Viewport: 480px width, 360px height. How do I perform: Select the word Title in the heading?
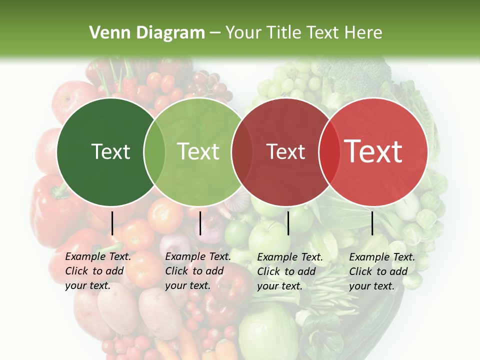283,33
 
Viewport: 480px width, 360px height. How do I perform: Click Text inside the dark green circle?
110,151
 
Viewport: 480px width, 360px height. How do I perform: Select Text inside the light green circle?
198,151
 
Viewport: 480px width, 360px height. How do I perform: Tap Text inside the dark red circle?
286,151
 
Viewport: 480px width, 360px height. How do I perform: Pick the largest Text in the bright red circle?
373,151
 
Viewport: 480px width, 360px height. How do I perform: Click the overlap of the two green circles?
154,151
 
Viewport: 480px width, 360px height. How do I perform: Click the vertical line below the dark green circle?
112,223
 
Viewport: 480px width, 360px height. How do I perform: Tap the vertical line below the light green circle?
200,223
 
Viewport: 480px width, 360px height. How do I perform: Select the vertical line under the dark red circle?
288,223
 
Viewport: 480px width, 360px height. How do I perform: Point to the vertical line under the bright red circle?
372,223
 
